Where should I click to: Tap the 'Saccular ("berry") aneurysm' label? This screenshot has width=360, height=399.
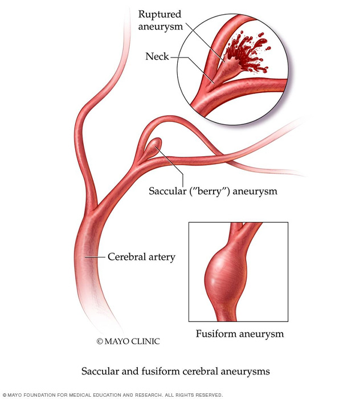click(x=213, y=191)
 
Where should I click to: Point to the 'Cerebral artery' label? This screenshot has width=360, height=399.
click(x=141, y=257)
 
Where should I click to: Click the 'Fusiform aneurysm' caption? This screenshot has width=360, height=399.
click(x=240, y=333)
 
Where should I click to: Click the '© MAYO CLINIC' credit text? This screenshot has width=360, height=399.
click(x=128, y=341)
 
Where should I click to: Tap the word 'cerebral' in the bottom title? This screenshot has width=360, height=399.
click(x=203, y=371)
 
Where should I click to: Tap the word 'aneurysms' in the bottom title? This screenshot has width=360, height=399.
click(x=246, y=371)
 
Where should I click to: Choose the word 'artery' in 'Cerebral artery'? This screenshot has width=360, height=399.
click(x=161, y=257)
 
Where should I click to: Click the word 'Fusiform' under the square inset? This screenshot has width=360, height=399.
click(x=215, y=333)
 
